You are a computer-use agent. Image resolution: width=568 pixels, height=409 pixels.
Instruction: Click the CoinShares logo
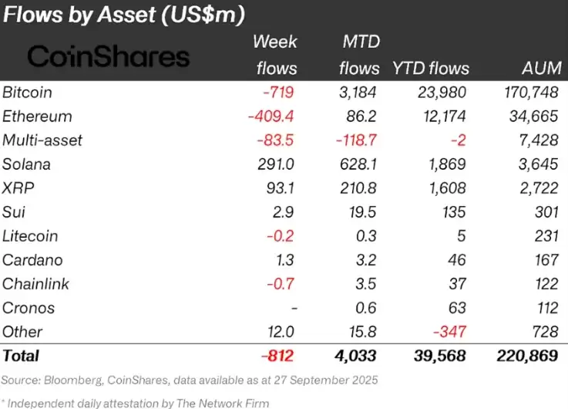click(x=109, y=56)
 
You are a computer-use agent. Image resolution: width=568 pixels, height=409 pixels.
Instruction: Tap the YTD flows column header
click(x=431, y=68)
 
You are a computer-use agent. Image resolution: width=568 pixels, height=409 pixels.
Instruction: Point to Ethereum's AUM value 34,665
click(x=531, y=117)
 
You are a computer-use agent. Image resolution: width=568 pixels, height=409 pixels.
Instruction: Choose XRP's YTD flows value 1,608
click(x=446, y=188)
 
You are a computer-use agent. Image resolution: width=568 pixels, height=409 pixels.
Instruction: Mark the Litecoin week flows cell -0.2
click(x=282, y=236)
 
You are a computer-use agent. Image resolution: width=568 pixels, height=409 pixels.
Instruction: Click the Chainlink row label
click(x=35, y=284)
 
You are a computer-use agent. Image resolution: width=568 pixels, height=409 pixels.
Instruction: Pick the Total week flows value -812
click(x=277, y=356)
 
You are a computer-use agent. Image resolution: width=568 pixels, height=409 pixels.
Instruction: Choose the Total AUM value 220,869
click(x=520, y=356)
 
